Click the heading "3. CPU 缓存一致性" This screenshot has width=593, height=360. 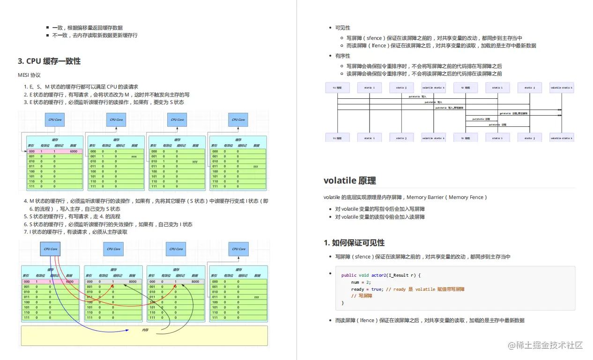(x=49, y=61)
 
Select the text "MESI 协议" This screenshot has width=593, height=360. (x=29, y=75)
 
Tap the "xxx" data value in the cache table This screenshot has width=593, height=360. (x=134, y=156)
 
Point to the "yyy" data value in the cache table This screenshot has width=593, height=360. (x=195, y=162)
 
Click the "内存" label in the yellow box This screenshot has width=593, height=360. (x=145, y=331)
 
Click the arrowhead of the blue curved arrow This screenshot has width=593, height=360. (x=128, y=331)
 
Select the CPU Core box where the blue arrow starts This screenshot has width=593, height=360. (x=51, y=249)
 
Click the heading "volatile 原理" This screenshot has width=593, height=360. (x=349, y=181)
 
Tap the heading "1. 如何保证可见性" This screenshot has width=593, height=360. (x=354, y=242)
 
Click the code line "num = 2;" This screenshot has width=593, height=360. (x=361, y=282)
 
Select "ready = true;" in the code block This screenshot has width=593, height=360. (x=366, y=289)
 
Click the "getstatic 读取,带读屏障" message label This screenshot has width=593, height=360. (x=513, y=113)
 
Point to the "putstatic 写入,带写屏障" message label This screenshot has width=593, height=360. (x=449, y=108)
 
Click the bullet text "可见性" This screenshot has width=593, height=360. (x=342, y=28)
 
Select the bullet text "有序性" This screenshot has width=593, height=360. (x=342, y=56)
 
